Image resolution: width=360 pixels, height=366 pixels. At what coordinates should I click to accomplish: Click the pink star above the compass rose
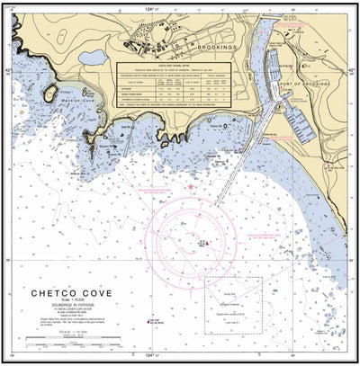pyautogui.click(x=191, y=187)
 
